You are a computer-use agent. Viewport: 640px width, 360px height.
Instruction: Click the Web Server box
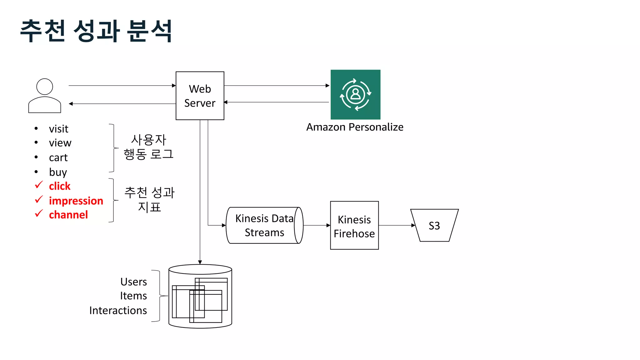pyautogui.click(x=200, y=96)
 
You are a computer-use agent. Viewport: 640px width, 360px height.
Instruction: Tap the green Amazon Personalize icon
pyautogui.click(x=355, y=94)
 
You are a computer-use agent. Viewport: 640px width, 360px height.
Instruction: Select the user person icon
pyautogui.click(x=45, y=96)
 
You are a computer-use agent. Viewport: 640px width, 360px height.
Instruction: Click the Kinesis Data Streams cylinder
pyautogui.click(x=264, y=225)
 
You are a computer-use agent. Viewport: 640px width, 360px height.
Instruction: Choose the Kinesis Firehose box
pyautogui.click(x=354, y=225)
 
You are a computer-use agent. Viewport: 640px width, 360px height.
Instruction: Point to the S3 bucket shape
pyautogui.click(x=434, y=225)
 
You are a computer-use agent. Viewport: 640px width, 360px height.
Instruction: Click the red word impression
pyautogui.click(x=76, y=201)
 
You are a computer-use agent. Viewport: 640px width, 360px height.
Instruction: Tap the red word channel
pyautogui.click(x=68, y=215)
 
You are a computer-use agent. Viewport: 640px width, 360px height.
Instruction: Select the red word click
pyautogui.click(x=60, y=186)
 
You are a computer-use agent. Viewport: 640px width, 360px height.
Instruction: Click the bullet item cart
pyautogui.click(x=58, y=157)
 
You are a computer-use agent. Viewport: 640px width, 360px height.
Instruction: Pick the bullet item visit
pyautogui.click(x=58, y=129)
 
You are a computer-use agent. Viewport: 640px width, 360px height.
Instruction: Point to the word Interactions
pyautogui.click(x=118, y=310)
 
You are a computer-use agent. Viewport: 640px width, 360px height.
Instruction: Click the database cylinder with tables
pyautogui.click(x=200, y=296)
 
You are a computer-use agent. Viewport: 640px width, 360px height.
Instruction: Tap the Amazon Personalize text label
pyautogui.click(x=355, y=127)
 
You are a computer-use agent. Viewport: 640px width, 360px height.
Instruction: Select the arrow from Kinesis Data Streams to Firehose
pyautogui.click(x=316, y=225)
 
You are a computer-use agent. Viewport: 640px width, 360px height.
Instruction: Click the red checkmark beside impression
pyautogui.click(x=39, y=199)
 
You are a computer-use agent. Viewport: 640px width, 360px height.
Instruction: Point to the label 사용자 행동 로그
pyautogui.click(x=148, y=147)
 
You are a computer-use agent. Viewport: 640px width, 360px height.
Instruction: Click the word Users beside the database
pyautogui.click(x=133, y=282)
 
